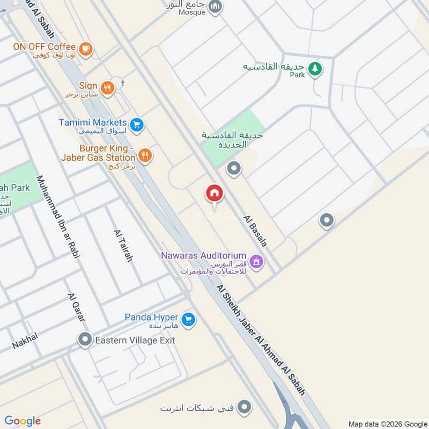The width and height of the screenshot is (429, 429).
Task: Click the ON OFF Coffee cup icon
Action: pos(85,48)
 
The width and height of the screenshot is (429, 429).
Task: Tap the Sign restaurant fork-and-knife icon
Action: pos(108,88)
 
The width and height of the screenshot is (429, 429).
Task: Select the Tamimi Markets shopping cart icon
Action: pos(137,124)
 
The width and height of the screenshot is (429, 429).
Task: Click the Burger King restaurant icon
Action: pos(145,156)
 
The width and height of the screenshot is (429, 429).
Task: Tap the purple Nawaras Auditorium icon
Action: pos(256,261)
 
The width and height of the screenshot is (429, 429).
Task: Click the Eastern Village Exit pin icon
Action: pos(84,339)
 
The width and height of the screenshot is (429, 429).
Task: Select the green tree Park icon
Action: pos(316,68)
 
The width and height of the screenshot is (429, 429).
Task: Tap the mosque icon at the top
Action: pos(216,6)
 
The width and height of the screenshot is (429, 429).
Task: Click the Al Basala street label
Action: pos(255,232)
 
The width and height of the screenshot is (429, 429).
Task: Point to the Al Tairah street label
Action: pos(123,246)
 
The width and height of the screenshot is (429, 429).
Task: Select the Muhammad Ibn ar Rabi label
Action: pos(58,217)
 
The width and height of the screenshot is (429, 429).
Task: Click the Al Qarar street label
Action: pos(77,307)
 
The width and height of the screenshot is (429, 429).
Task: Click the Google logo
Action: pos(23,421)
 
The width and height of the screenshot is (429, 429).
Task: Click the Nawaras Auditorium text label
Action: pos(204,256)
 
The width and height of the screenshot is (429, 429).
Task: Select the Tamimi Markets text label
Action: pos(93,122)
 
